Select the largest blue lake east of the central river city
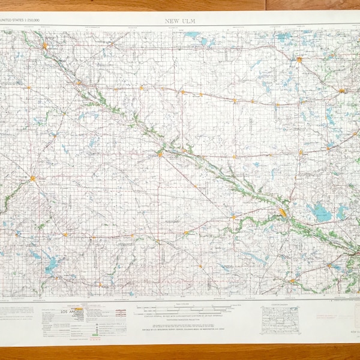coord(320,212)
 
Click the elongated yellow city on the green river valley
coord(283,212)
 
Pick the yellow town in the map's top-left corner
coord(44,45)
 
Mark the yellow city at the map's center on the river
coord(160,154)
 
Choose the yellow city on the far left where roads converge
coord(33,178)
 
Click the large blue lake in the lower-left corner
coord(50,263)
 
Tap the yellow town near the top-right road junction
coord(299,59)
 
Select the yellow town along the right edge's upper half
coord(341,91)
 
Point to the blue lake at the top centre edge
coord(193,35)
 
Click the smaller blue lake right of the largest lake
coord(342,211)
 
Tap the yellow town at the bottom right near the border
coord(292,281)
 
